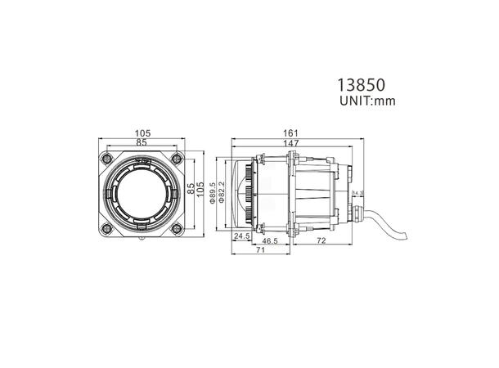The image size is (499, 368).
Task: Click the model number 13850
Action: tap(362, 85)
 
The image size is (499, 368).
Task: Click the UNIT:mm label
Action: tap(366, 103)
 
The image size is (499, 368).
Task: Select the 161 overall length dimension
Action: tap(291, 133)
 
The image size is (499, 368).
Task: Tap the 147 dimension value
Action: tap(291, 143)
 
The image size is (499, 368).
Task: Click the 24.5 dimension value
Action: tap(242, 236)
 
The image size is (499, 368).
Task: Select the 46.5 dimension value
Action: tap(269, 243)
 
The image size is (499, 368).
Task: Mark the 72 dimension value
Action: tap(321, 243)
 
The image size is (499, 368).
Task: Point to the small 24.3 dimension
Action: tap(357, 194)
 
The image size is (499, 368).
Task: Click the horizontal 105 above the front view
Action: tap(143, 133)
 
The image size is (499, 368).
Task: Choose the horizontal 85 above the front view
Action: tap(143, 143)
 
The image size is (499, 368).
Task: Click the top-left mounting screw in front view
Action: tap(104, 156)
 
